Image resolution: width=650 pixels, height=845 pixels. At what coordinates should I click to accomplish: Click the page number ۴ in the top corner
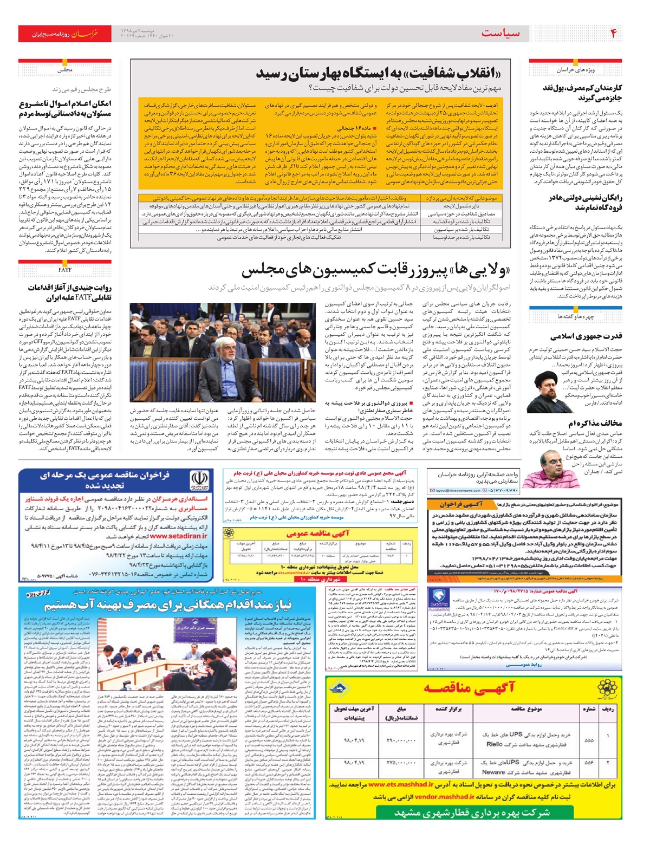click(613, 34)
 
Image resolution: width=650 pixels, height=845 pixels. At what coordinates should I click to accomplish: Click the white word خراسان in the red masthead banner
click(86, 34)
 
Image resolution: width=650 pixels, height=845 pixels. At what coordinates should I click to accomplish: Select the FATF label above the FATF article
click(64, 269)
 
